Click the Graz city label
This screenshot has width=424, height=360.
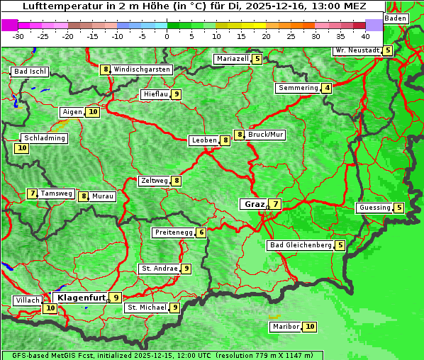[254, 204]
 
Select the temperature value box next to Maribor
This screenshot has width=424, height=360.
[311, 327]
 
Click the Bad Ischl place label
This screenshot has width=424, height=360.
[30, 72]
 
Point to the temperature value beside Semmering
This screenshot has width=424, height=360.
[326, 88]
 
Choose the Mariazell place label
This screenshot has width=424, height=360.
[233, 59]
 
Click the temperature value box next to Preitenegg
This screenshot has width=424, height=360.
[201, 232]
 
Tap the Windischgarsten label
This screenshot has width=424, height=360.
[142, 69]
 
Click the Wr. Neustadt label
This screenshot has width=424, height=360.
[357, 50]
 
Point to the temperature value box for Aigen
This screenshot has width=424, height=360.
[93, 112]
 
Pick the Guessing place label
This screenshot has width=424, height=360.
[374, 208]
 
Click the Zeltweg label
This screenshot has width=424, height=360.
[154, 181]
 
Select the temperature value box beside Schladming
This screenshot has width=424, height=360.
[22, 148]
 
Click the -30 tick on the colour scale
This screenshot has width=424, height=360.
[18, 35]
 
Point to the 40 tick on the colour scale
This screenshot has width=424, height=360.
[365, 35]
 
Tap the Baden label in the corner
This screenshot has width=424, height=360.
[396, 18]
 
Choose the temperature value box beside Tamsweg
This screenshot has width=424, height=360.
[32, 193]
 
